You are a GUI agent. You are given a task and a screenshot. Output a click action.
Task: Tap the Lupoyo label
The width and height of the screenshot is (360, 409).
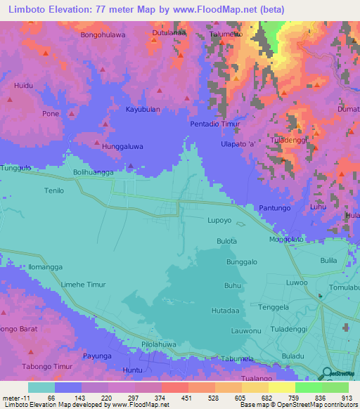(x=219, y=220)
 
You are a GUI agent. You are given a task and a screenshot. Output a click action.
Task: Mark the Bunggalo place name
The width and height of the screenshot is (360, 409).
(x=242, y=262)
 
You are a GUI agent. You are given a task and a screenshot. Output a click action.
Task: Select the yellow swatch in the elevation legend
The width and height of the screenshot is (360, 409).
(x=281, y=387)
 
